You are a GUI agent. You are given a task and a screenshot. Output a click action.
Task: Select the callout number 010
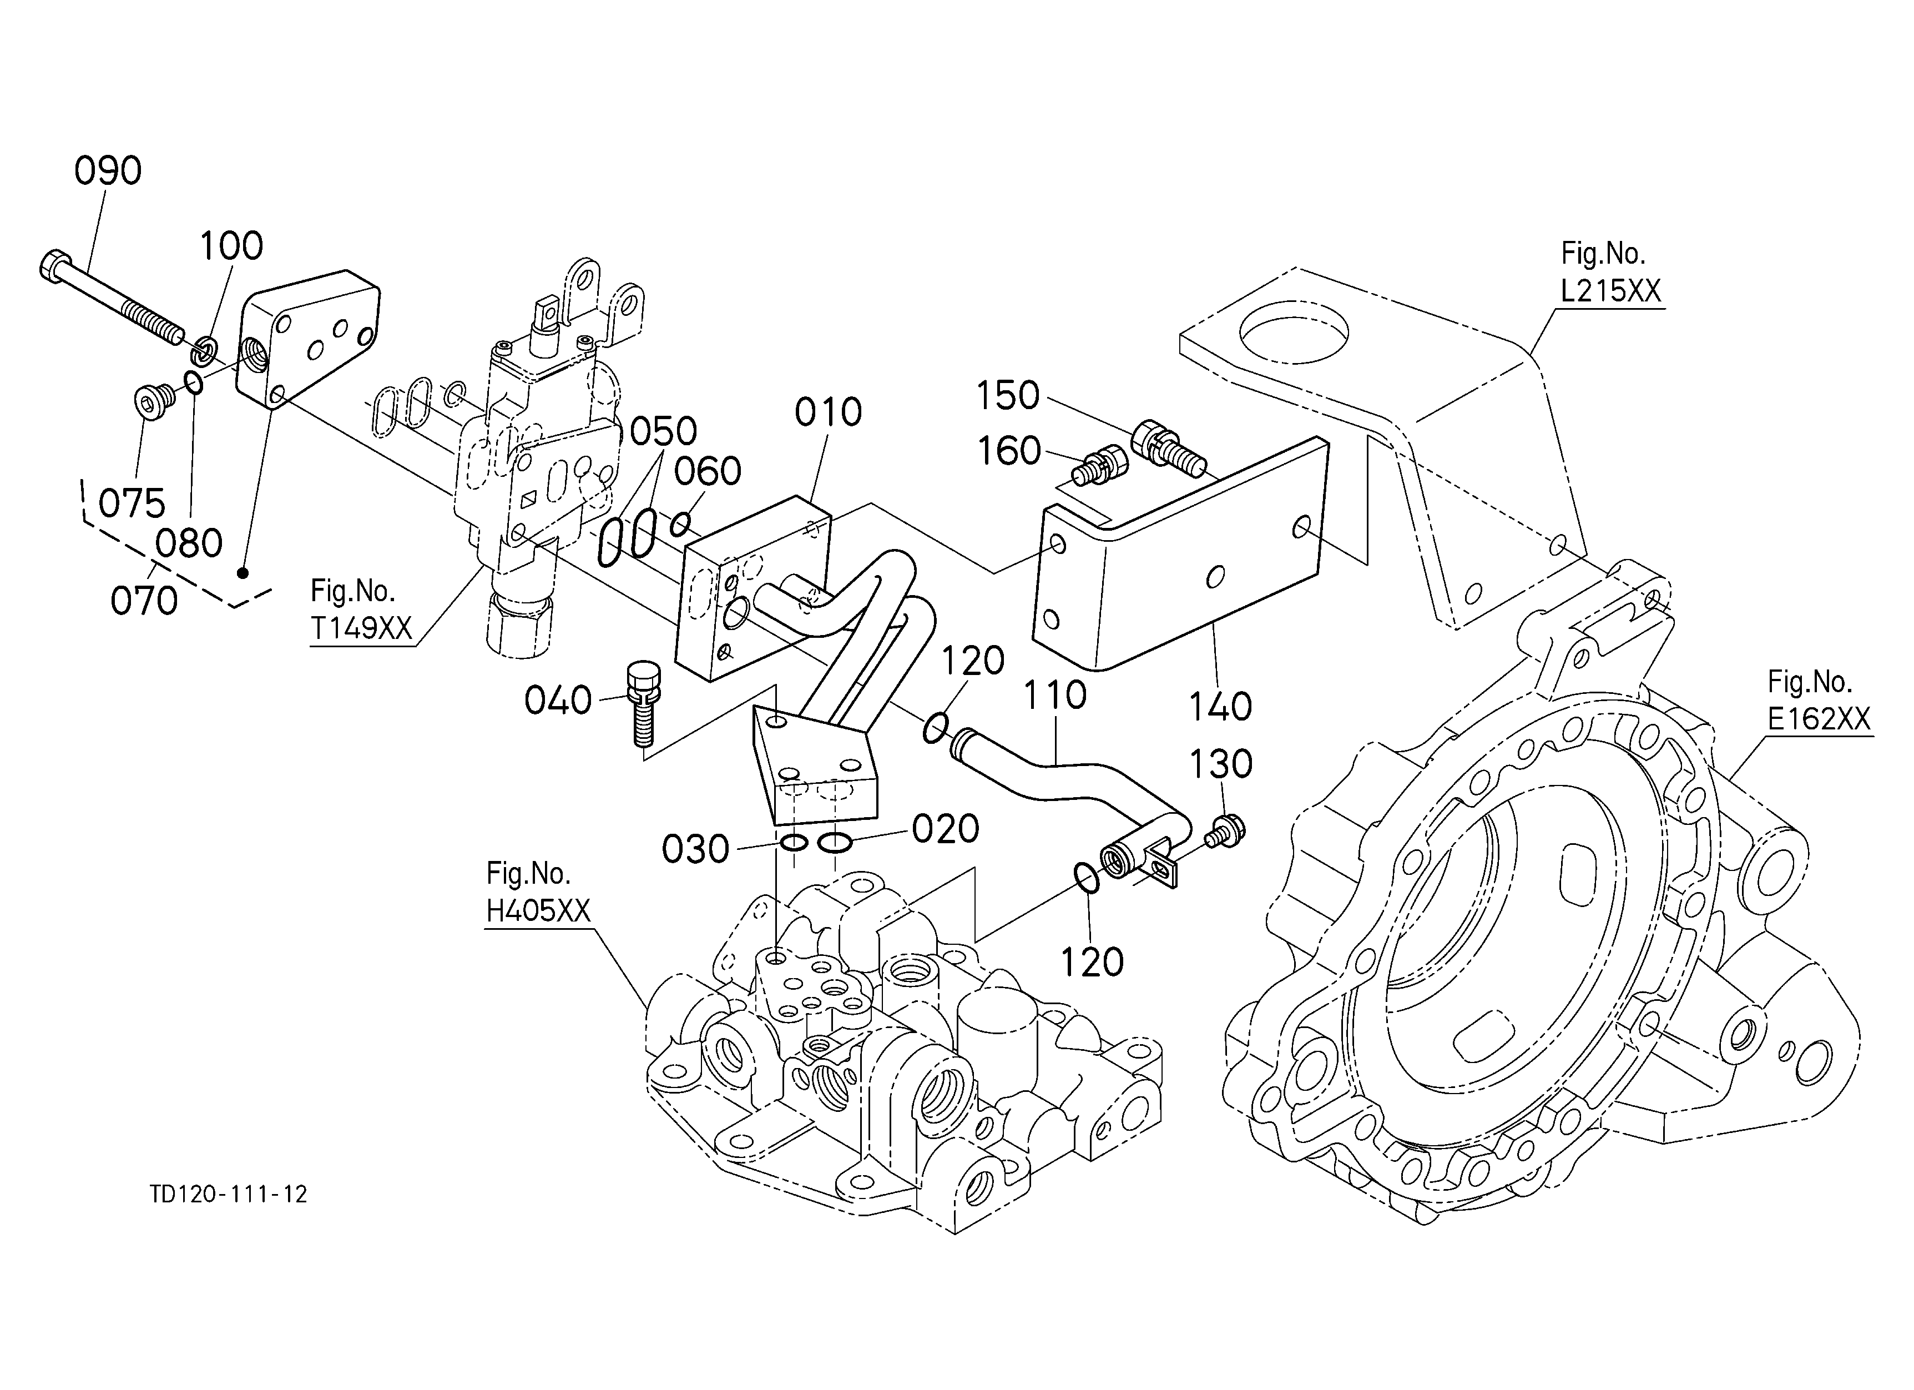pos(828,412)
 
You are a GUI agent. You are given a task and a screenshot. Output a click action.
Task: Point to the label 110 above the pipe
pos(1055,696)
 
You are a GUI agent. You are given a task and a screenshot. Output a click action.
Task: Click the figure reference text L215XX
pos(1610,291)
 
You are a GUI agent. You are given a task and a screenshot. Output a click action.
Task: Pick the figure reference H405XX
pos(538,910)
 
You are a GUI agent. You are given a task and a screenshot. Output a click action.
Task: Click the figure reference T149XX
pos(361,628)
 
